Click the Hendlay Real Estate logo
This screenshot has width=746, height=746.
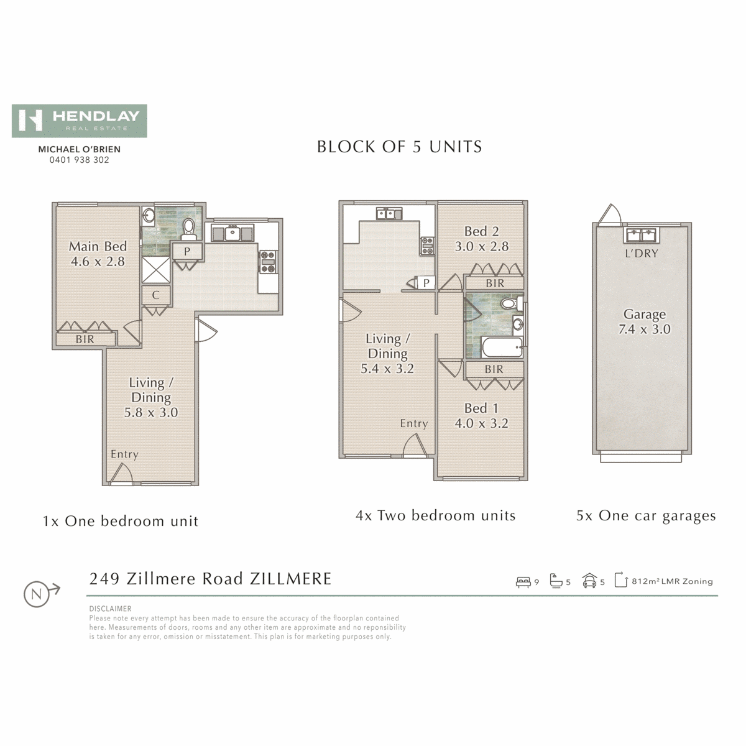80,121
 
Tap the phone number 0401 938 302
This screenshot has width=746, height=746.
80,160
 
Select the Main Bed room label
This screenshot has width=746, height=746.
98,246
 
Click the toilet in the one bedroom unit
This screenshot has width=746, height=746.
189,228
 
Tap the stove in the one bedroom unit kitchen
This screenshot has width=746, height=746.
269,262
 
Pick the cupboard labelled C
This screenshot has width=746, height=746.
156,295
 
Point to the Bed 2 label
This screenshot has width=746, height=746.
482,231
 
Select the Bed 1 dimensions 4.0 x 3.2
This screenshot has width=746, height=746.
482,423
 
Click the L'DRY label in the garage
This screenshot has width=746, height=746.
642,254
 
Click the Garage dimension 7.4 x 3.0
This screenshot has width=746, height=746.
645,329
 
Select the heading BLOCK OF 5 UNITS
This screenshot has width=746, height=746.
400,147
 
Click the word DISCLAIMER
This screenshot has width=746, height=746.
110,609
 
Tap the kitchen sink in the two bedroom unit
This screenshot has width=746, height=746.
389,213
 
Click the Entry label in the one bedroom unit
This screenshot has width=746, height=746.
124,454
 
